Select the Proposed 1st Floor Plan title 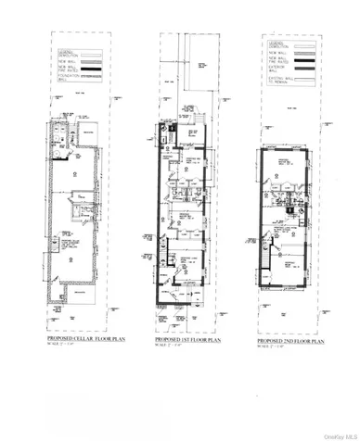click(186, 341)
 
